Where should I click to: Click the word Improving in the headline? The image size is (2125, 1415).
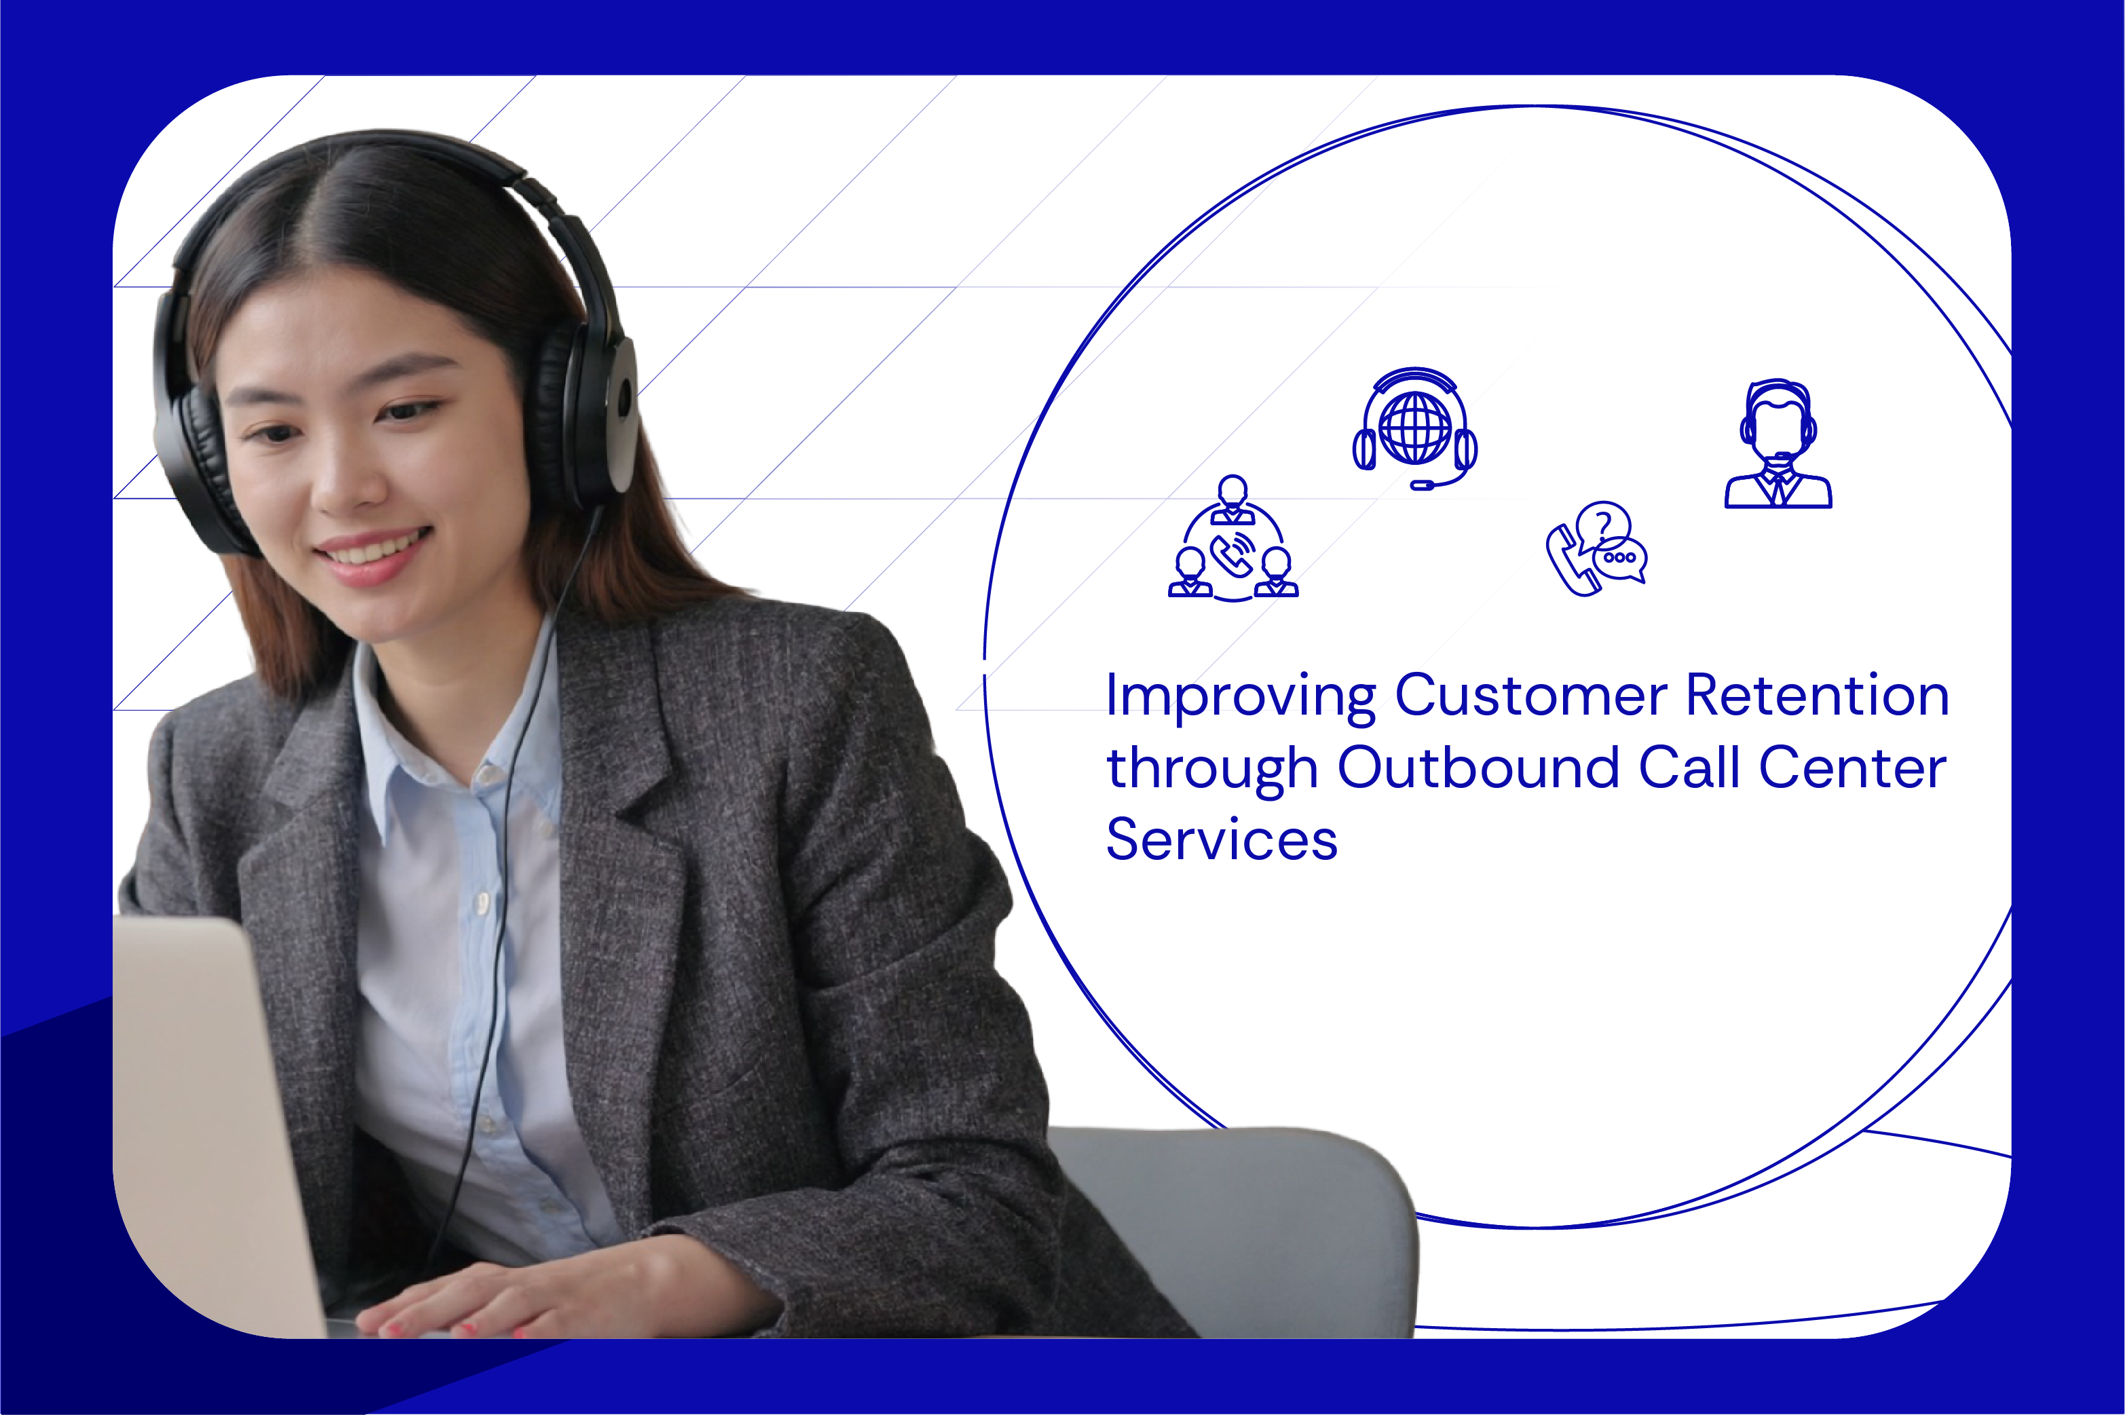pos(1241,697)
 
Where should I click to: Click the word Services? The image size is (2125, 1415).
pos(1221,840)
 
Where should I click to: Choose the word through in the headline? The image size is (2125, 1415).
pos(1212,770)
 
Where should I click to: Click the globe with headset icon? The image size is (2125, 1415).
pos(1415,430)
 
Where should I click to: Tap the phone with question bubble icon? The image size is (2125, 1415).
pos(1597,548)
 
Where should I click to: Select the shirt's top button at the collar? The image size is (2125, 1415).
pos(488,774)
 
